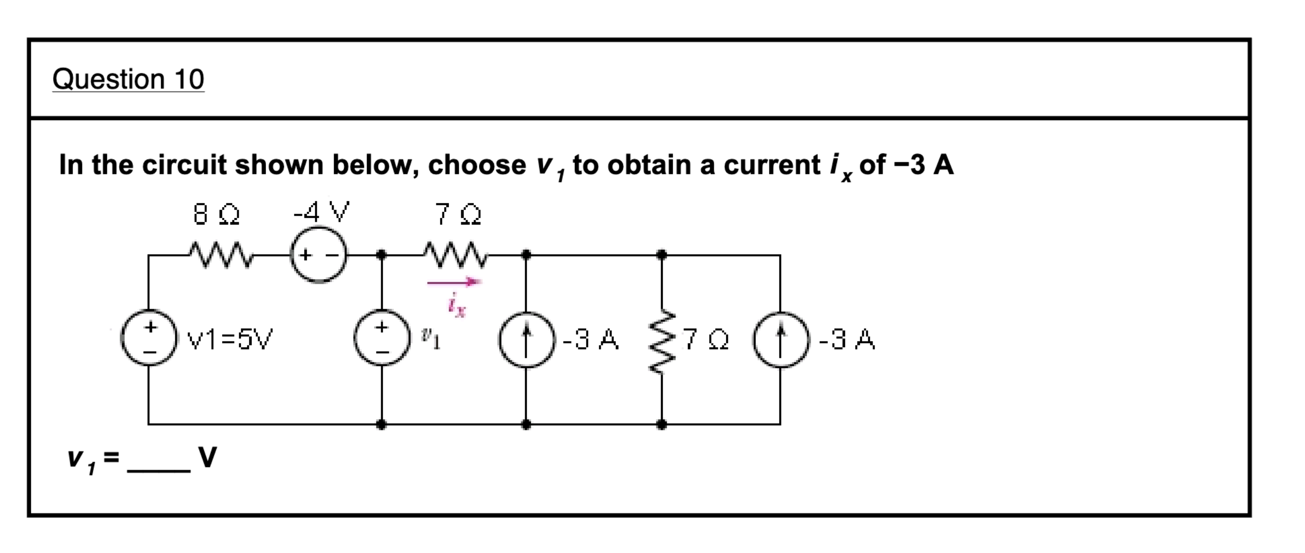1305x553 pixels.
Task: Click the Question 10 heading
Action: pyautogui.click(x=128, y=80)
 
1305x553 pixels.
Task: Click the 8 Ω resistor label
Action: pyautogui.click(x=216, y=214)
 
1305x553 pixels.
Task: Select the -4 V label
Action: pyautogui.click(x=322, y=212)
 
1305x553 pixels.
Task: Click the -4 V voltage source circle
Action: pyautogui.click(x=319, y=255)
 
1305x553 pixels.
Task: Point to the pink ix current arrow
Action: pyautogui.click(x=454, y=282)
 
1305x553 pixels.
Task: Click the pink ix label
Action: pyautogui.click(x=456, y=305)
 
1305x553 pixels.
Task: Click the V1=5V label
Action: pyautogui.click(x=230, y=339)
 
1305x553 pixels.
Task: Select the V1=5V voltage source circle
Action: pyautogui.click(x=148, y=338)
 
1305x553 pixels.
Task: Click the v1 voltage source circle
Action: pyautogui.click(x=382, y=338)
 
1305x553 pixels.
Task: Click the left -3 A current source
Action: pyautogui.click(x=527, y=339)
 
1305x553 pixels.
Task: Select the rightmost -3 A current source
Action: pyautogui.click(x=780, y=339)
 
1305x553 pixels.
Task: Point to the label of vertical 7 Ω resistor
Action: pyautogui.click(x=706, y=340)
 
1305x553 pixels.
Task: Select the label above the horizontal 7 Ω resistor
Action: pyautogui.click(x=458, y=214)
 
